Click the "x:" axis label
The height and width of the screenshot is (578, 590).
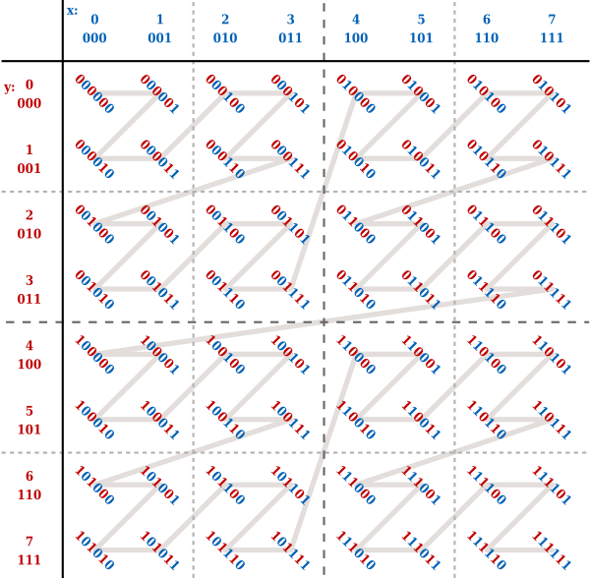[x=73, y=11]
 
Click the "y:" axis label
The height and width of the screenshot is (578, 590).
[x=10, y=87]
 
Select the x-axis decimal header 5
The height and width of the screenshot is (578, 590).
[x=421, y=19]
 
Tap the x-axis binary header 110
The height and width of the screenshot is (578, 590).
[x=486, y=38]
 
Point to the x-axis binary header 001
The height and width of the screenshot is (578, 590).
[x=159, y=38]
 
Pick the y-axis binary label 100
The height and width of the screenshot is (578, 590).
[x=29, y=365]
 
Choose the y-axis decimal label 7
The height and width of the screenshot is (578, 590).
[x=29, y=541]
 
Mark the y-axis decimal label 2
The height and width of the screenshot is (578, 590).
[x=29, y=215]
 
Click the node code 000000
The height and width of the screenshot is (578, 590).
[x=94, y=94]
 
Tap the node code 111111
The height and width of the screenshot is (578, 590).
[x=551, y=550]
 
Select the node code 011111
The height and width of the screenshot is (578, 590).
[x=551, y=289]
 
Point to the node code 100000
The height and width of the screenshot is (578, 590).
[x=94, y=355]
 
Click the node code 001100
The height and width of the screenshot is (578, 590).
[x=225, y=224]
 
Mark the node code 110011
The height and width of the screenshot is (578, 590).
[x=420, y=420]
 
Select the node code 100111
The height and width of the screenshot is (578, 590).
[x=290, y=420]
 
